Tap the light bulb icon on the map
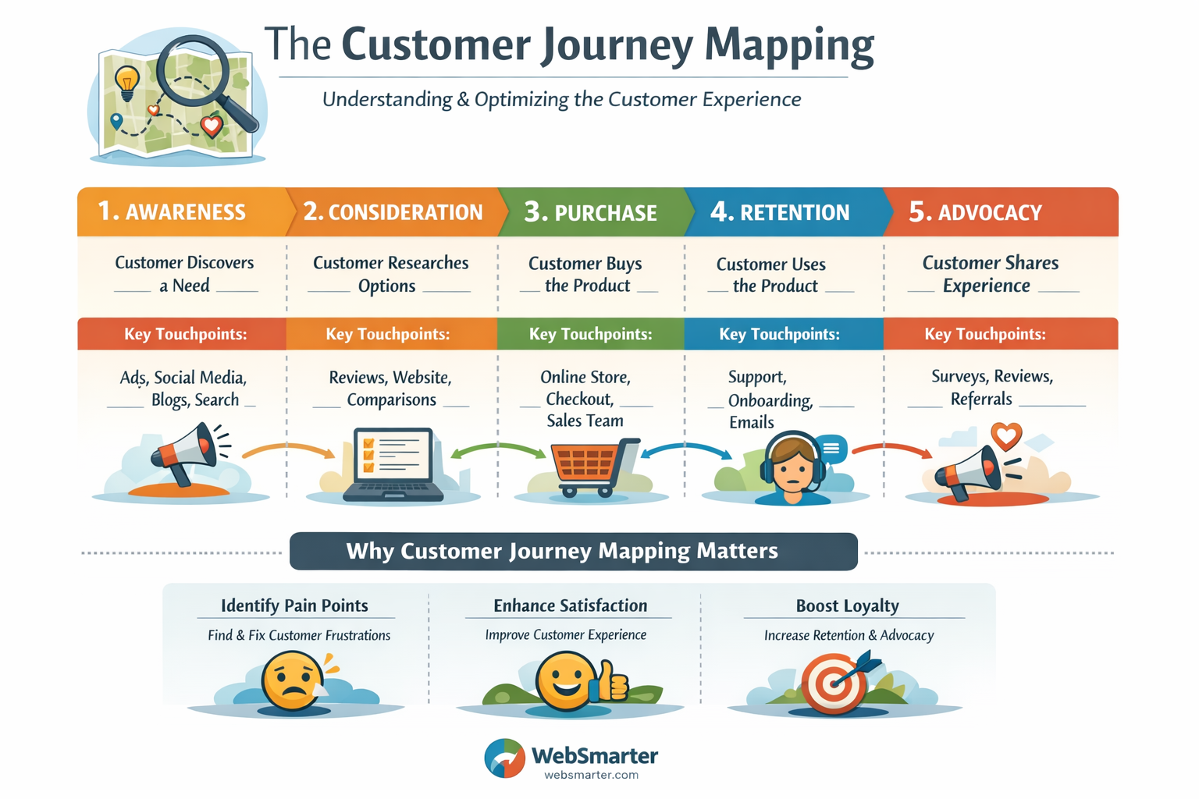pos(126,81)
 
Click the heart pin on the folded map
pos(212,126)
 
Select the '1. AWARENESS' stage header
pos(172,212)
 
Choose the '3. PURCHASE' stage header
pos(591,212)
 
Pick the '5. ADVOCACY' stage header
pos(976,212)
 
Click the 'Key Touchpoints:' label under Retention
pos(779,335)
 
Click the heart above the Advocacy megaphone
pos(1006,435)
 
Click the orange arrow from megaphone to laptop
pos(288,449)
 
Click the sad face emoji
pos(293,680)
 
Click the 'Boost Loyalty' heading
pos(847,606)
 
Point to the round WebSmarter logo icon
pos(505,758)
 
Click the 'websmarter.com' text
pos(591,776)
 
